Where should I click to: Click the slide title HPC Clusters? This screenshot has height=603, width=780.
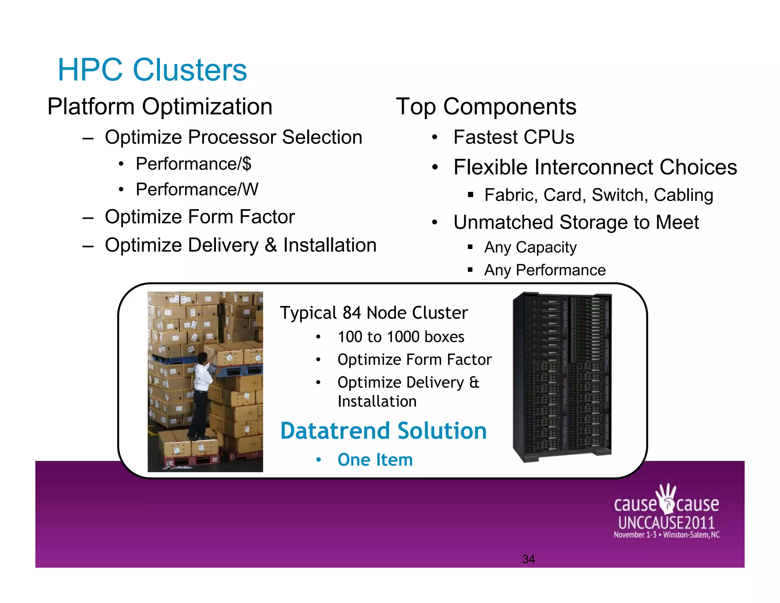(x=152, y=70)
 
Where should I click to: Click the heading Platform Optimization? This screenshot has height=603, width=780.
(x=160, y=106)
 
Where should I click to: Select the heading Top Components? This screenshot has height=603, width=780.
(x=486, y=106)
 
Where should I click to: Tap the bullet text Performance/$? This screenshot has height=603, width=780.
(x=193, y=164)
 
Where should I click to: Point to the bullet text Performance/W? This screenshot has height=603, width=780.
(x=197, y=189)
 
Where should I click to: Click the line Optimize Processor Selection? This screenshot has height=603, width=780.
(x=233, y=137)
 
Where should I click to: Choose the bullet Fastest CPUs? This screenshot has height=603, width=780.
(x=513, y=137)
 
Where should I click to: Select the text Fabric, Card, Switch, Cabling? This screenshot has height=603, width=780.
(x=598, y=195)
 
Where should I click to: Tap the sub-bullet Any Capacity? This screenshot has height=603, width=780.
(x=530, y=247)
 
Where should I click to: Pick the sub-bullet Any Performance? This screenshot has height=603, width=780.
(x=545, y=270)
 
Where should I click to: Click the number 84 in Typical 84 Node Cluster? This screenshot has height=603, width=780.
(x=352, y=313)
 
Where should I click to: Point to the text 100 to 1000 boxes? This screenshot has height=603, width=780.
(x=401, y=337)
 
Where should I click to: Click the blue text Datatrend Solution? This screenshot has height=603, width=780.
(x=383, y=431)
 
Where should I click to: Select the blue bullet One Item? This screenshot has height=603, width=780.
(x=375, y=460)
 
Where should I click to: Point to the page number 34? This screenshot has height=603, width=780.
(x=528, y=559)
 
